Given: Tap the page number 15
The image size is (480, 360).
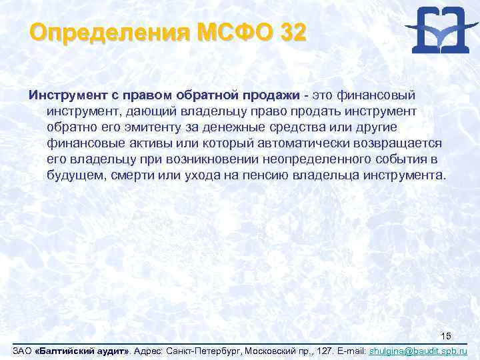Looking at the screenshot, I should [x=447, y=336].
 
